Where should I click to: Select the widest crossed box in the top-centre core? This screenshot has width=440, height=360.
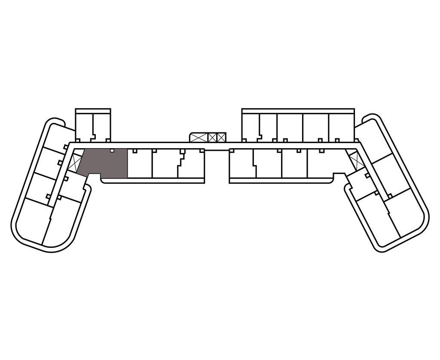pyautogui.click(x=198, y=138)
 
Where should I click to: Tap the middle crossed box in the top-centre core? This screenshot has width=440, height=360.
pyautogui.click(x=212, y=138)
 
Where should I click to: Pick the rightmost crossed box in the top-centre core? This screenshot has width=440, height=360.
pyautogui.click(x=221, y=138)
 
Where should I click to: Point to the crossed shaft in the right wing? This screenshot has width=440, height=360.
pyautogui.click(x=356, y=161)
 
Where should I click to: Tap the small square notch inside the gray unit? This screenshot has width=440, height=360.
pyautogui.click(x=112, y=150)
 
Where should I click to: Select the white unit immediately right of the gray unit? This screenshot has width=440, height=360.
pyautogui.click(x=140, y=165)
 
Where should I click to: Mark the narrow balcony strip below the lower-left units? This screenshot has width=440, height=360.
pyautogui.click(x=153, y=180)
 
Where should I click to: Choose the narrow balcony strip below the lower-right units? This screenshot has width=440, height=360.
pyautogui.click(x=281, y=180)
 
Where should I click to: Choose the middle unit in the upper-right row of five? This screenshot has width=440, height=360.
pyautogui.click(x=290, y=127)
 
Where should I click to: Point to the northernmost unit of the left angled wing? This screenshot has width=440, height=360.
pyautogui.click(x=55, y=135)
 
